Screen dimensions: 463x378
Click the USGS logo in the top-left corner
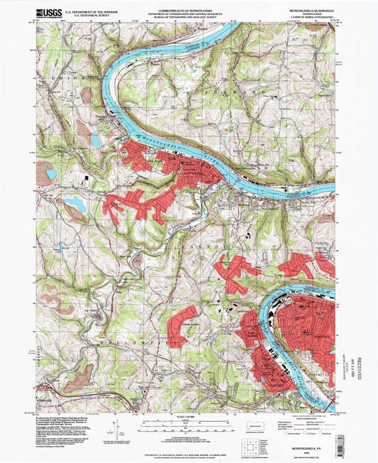49,12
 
